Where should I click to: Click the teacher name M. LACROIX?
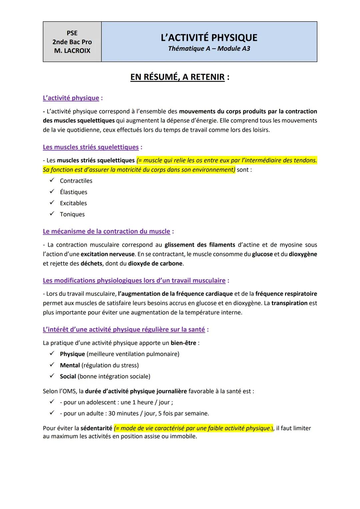pyautogui.click(x=72, y=51)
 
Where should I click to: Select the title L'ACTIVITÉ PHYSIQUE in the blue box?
pyautogui.click(x=209, y=37)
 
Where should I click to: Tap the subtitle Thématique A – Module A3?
pyautogui.click(x=209, y=48)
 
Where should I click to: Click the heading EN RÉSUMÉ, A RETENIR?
pyautogui.click(x=177, y=77)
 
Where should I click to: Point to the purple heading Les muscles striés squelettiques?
pyautogui.click(x=91, y=147)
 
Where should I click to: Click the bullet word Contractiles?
pyautogui.click(x=76, y=181)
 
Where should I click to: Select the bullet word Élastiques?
pyautogui.click(x=73, y=192)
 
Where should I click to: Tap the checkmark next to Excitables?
pyautogui.click(x=52, y=203)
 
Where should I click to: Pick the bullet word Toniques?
pyautogui.click(x=72, y=214)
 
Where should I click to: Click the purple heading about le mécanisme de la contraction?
pyautogui.click(x=106, y=231)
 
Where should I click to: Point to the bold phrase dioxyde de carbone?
pyautogui.click(x=155, y=263)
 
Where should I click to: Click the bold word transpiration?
pyautogui.click(x=289, y=303)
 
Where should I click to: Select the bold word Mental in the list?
pyautogui.click(x=70, y=365)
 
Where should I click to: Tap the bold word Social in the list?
pyautogui.click(x=68, y=376)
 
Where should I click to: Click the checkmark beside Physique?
pyautogui.click(x=52, y=354)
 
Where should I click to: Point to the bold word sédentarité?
pyautogui.click(x=96, y=428)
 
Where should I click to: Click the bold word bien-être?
pyautogui.click(x=183, y=343)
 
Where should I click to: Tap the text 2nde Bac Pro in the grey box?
pyautogui.click(x=72, y=42)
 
